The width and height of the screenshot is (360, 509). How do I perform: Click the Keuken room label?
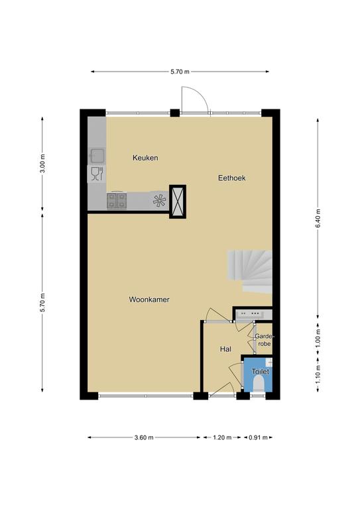pyautogui.click(x=145, y=158)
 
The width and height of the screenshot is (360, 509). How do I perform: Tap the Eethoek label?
pyautogui.click(x=232, y=178)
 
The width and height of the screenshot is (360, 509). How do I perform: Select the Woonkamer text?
pyautogui.click(x=149, y=300)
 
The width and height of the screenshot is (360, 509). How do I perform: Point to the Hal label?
pyautogui.click(x=225, y=349)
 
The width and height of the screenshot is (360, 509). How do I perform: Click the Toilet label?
pyautogui.click(x=261, y=371)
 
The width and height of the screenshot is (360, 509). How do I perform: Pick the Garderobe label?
pyautogui.click(x=264, y=339)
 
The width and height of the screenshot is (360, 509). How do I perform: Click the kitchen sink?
pyautogui.click(x=97, y=156)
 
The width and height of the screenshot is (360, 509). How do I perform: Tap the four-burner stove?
pyautogui.click(x=117, y=201)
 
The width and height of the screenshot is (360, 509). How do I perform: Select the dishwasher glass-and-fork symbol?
pyautogui.click(x=97, y=174)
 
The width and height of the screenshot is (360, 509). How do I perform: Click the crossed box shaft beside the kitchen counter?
pyautogui.click(x=178, y=201)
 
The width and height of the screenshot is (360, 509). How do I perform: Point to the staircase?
pyautogui.click(x=250, y=271)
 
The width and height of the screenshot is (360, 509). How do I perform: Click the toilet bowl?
pyautogui.click(x=259, y=383)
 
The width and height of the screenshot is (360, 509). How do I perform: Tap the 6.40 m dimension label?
pyautogui.click(x=318, y=219)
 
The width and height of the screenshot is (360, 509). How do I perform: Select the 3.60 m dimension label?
pyautogui.click(x=144, y=437)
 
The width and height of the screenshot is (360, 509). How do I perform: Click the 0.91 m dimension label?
pyautogui.click(x=258, y=437)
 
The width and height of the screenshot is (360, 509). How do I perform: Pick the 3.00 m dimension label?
pyautogui.click(x=42, y=164)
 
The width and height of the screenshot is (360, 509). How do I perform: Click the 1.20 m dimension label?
pyautogui.click(x=222, y=437)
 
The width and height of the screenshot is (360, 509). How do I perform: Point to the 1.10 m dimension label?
pyautogui.click(x=318, y=374)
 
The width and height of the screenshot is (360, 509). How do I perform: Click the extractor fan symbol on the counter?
pyautogui.click(x=159, y=201)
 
